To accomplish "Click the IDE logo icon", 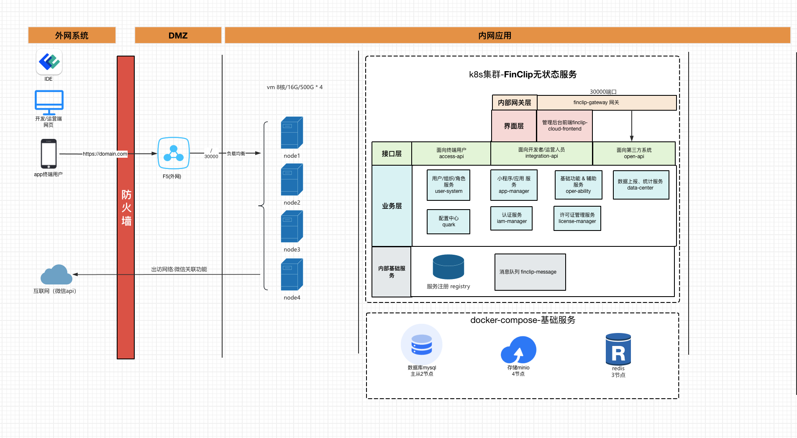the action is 49,62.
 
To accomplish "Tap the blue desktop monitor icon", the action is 49,102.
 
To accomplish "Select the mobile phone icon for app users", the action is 49,154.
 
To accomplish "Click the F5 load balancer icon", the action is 174,153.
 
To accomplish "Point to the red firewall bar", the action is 126,207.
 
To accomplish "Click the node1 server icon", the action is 292,133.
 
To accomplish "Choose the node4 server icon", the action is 292,274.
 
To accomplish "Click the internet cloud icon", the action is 56,274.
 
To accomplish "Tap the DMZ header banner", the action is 178,35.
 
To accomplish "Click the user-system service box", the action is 448,185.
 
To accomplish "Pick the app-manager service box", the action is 514,185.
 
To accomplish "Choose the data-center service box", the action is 641,184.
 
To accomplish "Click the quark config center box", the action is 448,221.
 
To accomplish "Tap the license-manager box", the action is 577,218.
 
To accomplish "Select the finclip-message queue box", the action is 530,272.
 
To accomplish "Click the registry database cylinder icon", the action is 448,267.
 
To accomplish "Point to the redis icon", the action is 618,349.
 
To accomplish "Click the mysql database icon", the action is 422,345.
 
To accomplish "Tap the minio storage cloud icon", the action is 519,350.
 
